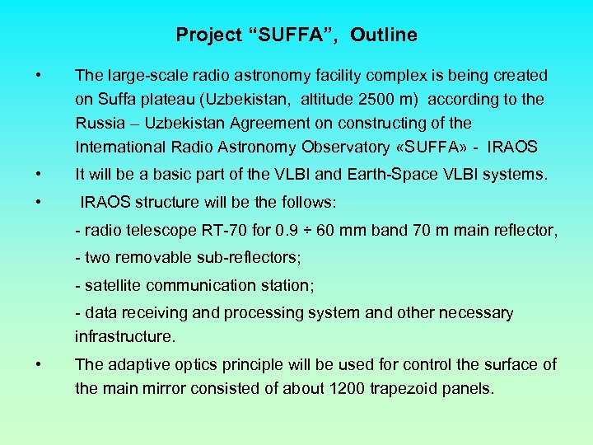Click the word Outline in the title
[x=384, y=35]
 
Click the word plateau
[x=161, y=100]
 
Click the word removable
[x=148, y=258]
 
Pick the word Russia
[x=99, y=124]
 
